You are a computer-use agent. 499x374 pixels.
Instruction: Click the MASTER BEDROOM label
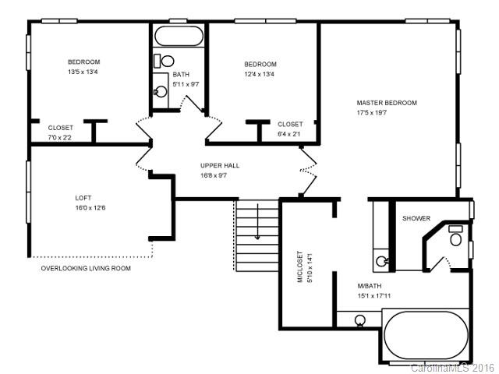click(x=387, y=103)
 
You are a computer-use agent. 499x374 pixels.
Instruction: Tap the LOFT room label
click(x=83, y=197)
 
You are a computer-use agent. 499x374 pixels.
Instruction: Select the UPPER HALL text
click(x=219, y=165)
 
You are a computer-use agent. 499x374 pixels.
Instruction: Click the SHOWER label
click(x=416, y=218)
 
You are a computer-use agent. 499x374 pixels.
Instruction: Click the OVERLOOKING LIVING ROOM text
click(x=86, y=268)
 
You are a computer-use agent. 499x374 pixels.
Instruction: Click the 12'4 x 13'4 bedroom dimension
click(x=260, y=74)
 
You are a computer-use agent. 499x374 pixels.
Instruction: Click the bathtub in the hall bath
click(x=178, y=37)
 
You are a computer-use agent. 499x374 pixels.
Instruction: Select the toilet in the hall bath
click(x=165, y=60)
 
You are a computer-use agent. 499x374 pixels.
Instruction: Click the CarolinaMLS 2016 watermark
click(x=453, y=367)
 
